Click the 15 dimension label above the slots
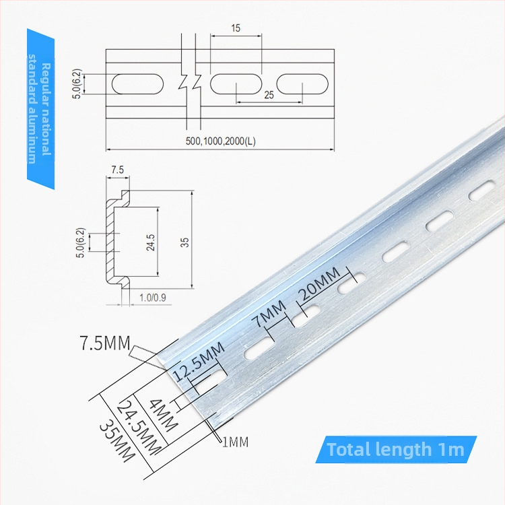[x=236, y=28]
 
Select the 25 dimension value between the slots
[x=269, y=95]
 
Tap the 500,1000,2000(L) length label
[x=221, y=141]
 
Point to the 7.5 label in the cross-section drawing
[x=118, y=170]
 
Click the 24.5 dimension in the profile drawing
[x=150, y=242]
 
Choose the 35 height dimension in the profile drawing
[x=185, y=242]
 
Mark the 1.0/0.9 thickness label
[x=153, y=297]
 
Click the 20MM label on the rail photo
[x=319, y=283]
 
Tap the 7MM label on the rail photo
[x=269, y=313]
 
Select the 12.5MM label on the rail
[x=199, y=362]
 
